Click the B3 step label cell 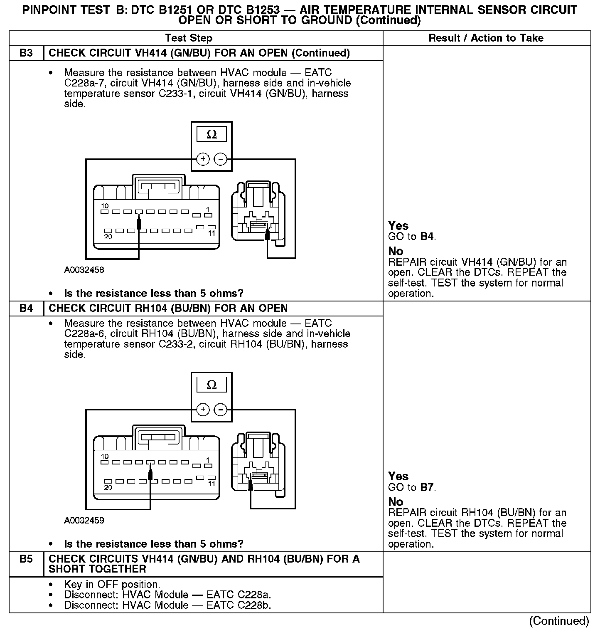coord(26,53)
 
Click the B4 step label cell coord(26,309)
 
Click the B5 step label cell coord(26,559)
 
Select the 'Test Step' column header coord(189,38)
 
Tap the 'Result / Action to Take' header coord(486,38)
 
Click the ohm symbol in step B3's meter coord(212,135)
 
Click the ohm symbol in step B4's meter coord(212,385)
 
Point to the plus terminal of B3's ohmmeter coord(203,159)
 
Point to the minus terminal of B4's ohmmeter coord(220,410)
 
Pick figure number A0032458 coord(84,270)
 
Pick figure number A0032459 coord(84,521)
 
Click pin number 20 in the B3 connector coord(108,237)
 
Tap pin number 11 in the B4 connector coord(212,484)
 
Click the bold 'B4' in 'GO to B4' coord(427,237)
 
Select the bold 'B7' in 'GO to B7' coord(427,487)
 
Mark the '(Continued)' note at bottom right coord(559,621)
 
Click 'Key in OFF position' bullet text coord(112,584)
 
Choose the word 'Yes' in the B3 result coord(398,226)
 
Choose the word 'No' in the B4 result coord(396,502)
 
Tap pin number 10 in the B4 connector coord(105,456)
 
